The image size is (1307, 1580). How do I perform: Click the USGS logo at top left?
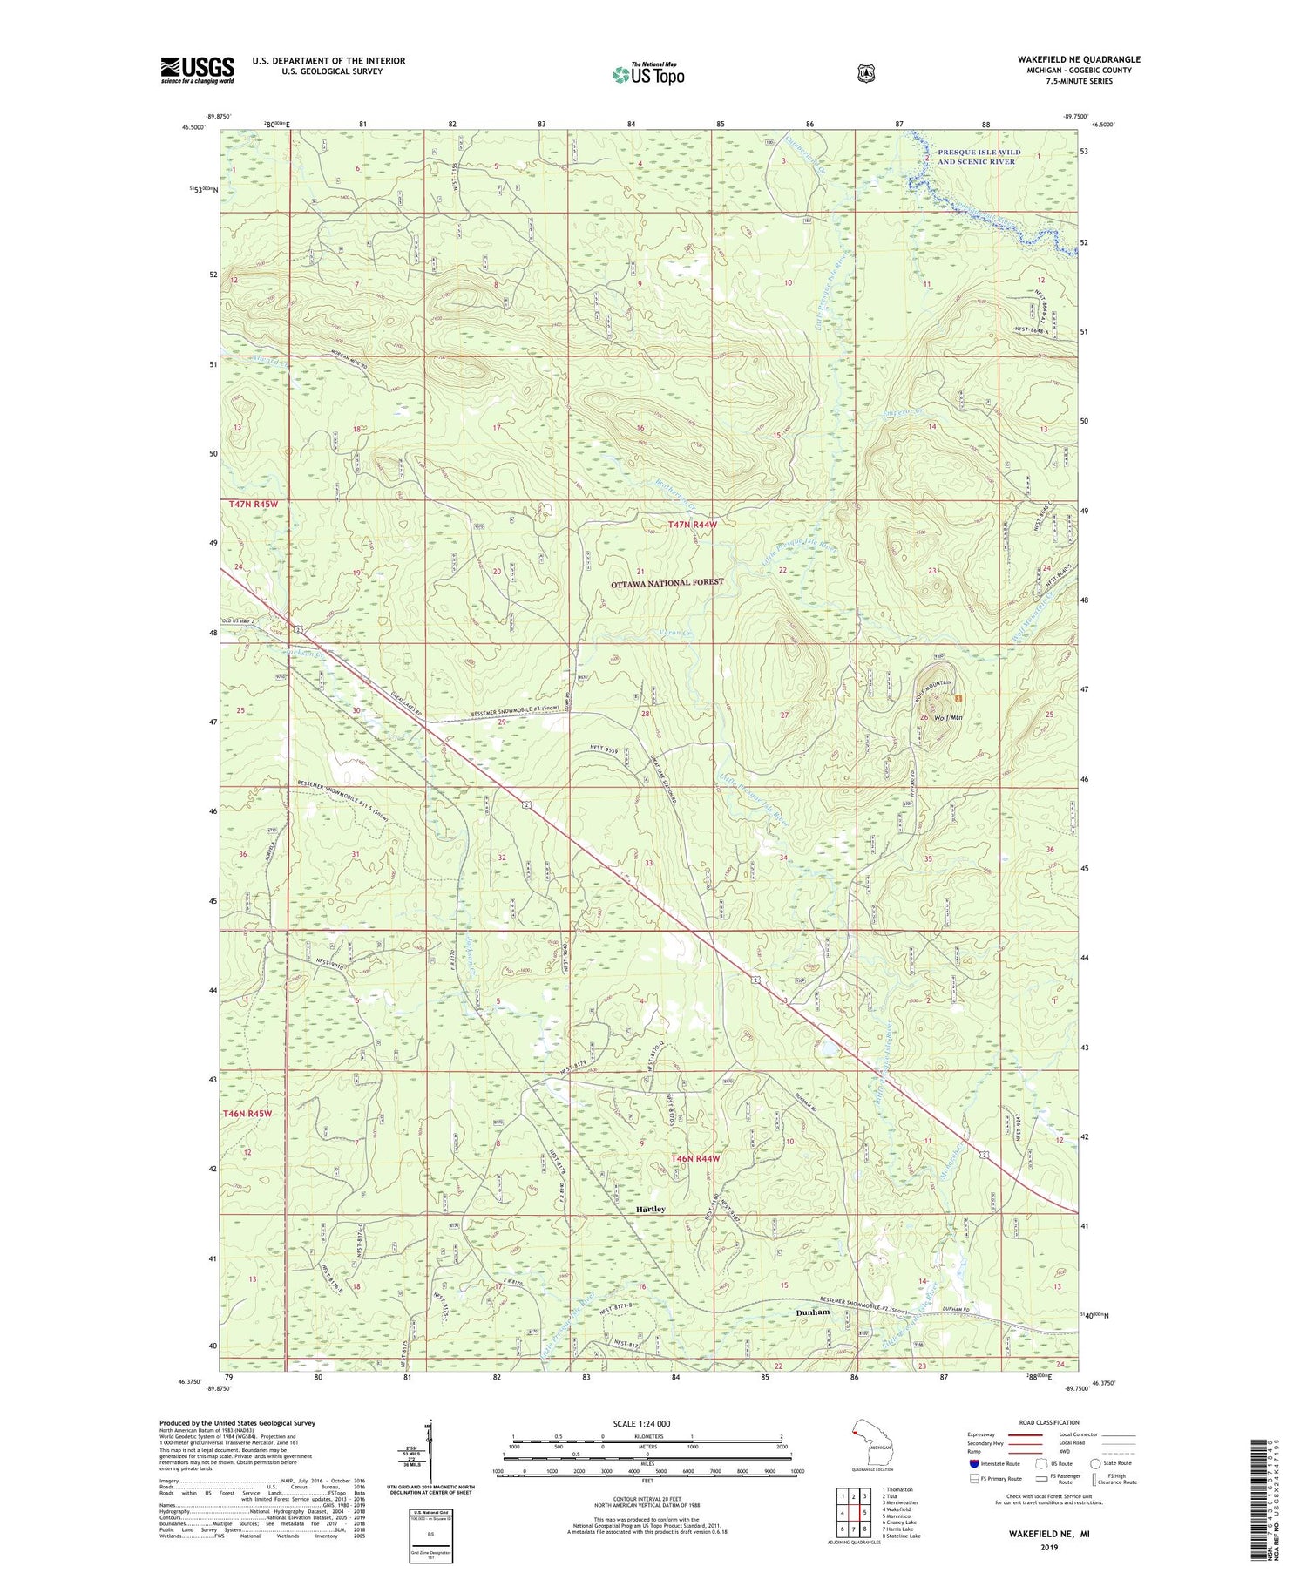197,70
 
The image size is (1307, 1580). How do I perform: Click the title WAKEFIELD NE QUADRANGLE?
1078,59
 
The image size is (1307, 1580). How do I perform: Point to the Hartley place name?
650,1210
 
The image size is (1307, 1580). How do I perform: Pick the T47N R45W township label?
251,505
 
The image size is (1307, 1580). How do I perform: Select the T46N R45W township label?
248,1114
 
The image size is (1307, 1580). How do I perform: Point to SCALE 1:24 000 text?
647,1423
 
